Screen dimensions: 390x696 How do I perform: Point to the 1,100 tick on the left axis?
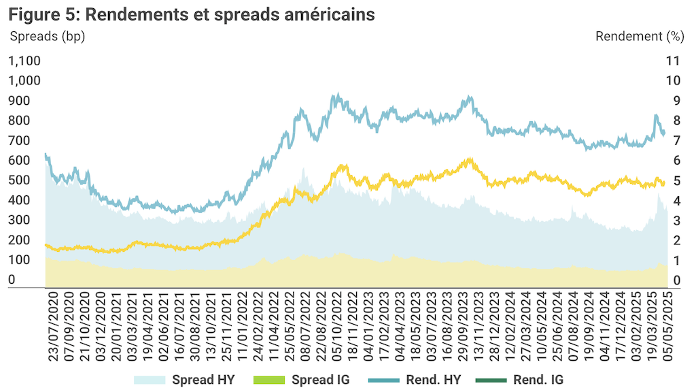click(24, 61)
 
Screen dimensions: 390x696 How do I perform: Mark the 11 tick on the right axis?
click(673, 61)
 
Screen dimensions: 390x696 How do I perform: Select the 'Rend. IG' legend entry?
click(538, 380)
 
